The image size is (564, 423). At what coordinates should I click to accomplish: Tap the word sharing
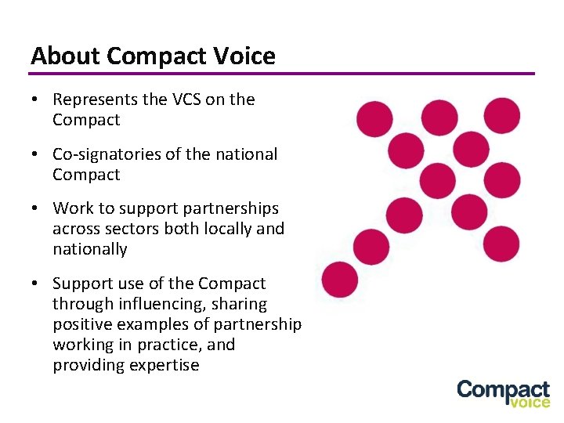pyautogui.click(x=240, y=304)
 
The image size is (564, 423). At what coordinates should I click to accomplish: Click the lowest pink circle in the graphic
pyautogui.click(x=339, y=280)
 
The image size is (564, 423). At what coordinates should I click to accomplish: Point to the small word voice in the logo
pyautogui.click(x=530, y=403)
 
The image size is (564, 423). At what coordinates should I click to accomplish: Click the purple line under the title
pyautogui.click(x=282, y=74)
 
